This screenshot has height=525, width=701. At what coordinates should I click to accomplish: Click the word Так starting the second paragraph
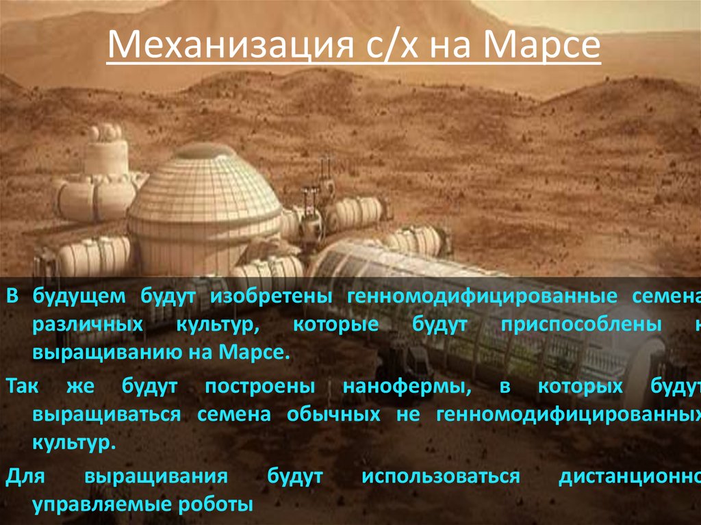[x=23, y=387]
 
